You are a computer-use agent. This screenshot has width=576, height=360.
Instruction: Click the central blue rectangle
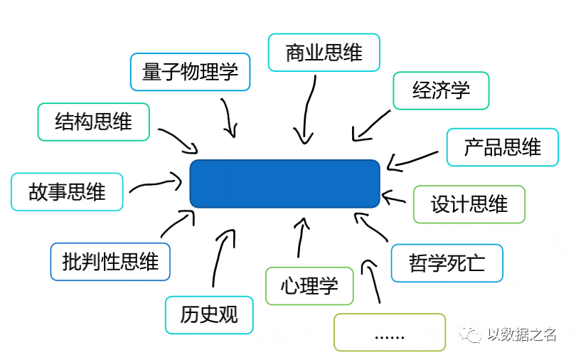[284, 184]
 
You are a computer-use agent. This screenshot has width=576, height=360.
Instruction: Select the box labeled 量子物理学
[191, 72]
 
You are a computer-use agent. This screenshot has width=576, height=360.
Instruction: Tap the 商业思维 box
[324, 52]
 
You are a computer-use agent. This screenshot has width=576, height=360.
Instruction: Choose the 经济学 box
[441, 90]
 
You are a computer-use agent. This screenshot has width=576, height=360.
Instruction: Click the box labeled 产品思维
[503, 147]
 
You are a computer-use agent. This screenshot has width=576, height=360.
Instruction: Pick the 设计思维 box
[469, 204]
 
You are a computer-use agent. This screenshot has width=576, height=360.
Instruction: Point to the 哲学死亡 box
[447, 263]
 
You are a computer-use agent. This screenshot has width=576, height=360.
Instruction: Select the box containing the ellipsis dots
[389, 332]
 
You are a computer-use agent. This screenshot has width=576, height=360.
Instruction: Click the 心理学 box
[309, 286]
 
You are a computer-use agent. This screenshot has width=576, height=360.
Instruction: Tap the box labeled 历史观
[208, 314]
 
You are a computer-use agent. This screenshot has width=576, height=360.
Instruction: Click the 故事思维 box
[67, 191]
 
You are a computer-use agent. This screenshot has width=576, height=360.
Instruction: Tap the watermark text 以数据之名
[521, 334]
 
